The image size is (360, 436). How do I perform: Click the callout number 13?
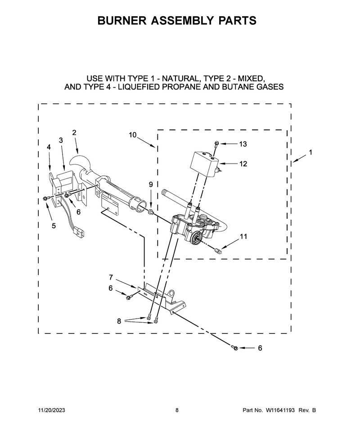coord(243,144)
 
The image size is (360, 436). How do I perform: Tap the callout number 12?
coord(243,164)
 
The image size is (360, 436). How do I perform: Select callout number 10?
coord(133,135)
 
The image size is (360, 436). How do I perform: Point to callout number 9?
coord(151,184)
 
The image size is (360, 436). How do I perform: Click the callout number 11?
coord(243,236)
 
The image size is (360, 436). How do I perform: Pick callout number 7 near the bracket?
coord(111,277)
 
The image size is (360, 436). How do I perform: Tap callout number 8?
coord(119,321)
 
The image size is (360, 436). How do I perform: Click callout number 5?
coord(54,226)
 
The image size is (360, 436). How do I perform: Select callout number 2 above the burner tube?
coord(74,133)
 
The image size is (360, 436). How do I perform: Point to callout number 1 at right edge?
coord(310,152)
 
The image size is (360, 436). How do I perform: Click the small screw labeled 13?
coord(216,143)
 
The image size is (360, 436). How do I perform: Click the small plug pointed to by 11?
coord(218,250)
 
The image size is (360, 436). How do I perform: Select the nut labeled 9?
coord(151,213)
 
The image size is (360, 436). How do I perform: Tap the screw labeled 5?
coord(46,198)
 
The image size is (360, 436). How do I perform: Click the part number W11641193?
coord(280,410)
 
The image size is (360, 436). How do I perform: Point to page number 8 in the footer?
coord(177,410)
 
